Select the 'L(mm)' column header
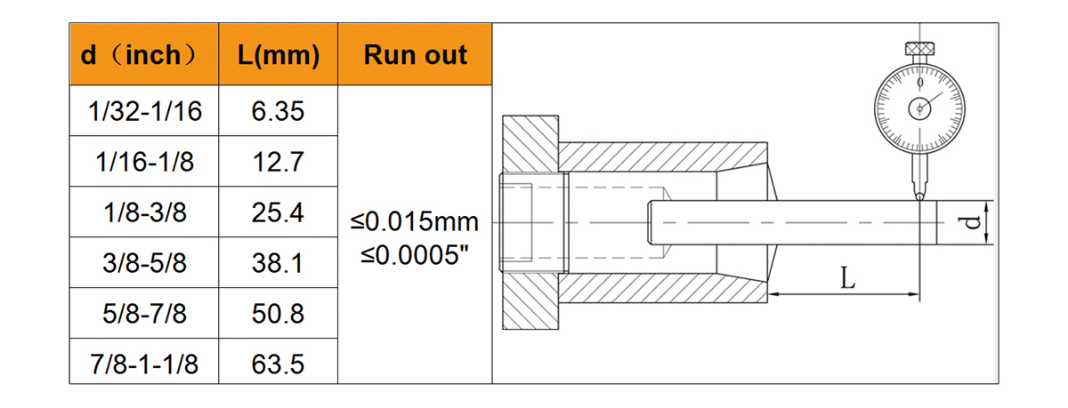[x=279, y=55]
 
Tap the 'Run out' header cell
[x=415, y=55]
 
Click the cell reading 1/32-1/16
[x=144, y=111]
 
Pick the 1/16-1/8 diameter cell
[x=144, y=162]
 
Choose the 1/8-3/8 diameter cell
[x=144, y=212]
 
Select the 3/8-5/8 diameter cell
[x=144, y=263]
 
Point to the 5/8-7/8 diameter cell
[x=144, y=314]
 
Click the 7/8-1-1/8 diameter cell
[x=144, y=364]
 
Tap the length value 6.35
[x=279, y=111]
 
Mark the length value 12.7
[x=279, y=162]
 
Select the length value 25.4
[x=279, y=212]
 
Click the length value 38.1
[x=279, y=263]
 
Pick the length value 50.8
[x=279, y=314]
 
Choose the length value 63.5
[x=279, y=364]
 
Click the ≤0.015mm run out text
[x=415, y=220]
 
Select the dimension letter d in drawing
[x=971, y=221]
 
